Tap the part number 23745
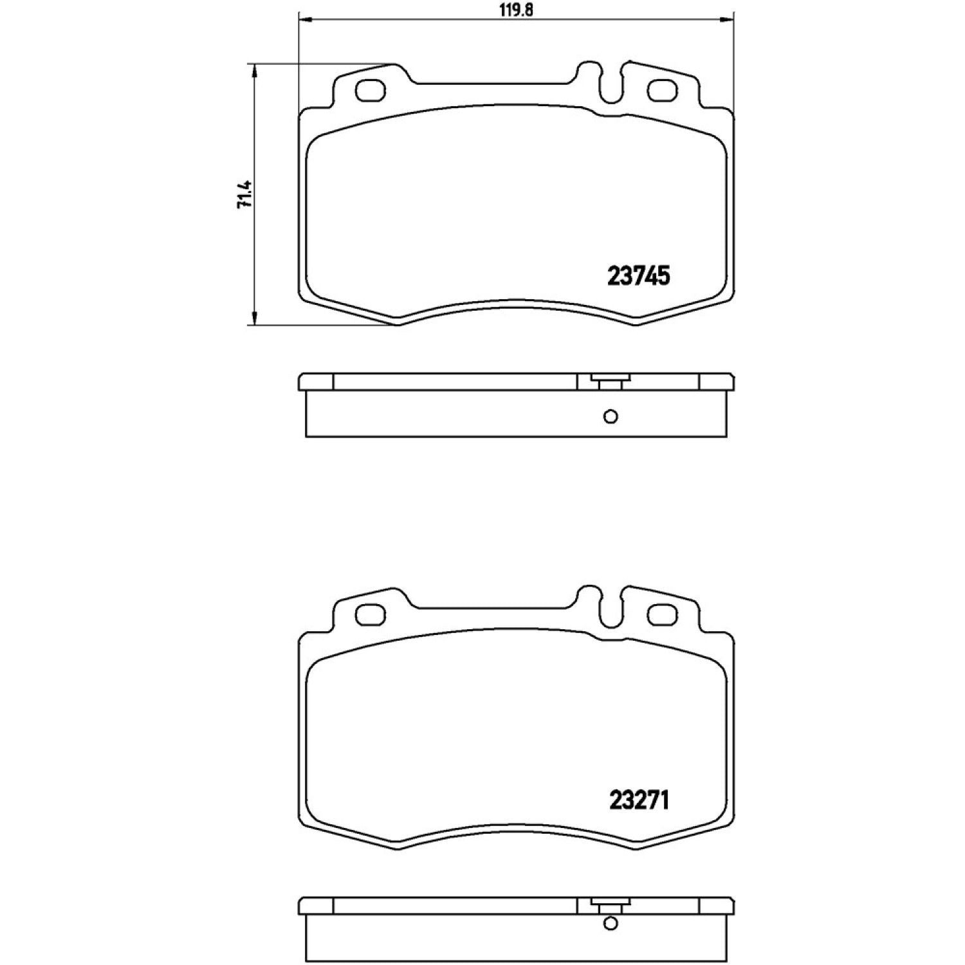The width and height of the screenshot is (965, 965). coord(639,276)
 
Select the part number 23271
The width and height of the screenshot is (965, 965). coord(639,800)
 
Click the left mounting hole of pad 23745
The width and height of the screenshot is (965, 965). coord(370,91)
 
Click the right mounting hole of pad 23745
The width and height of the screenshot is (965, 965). coord(663,91)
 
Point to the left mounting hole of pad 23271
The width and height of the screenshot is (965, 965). coord(370,614)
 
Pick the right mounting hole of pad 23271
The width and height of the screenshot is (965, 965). coord(663,614)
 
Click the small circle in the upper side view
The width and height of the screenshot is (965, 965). coord(611,416)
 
